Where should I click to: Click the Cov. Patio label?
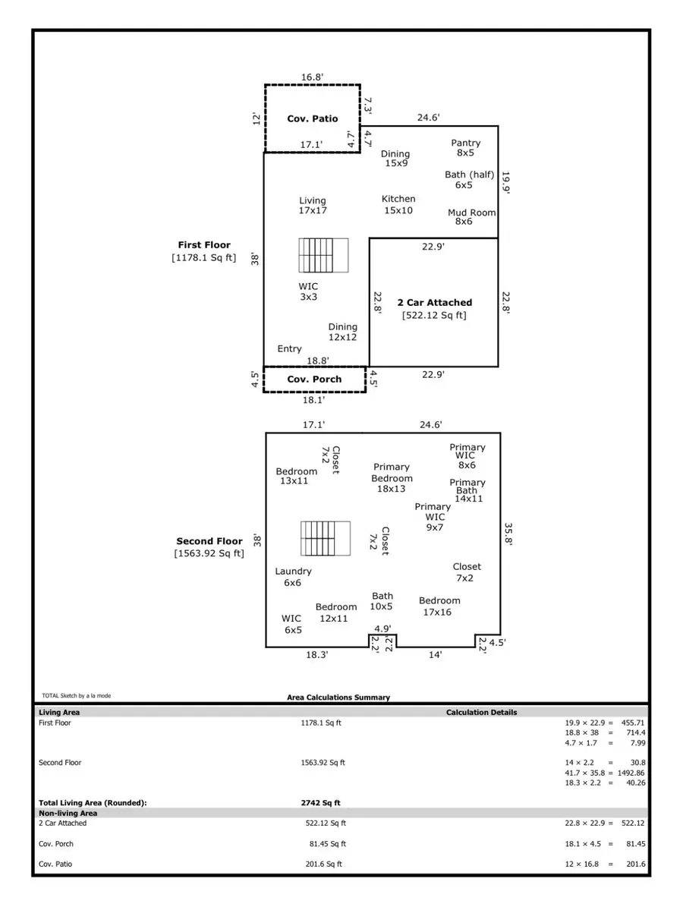pyautogui.click(x=312, y=118)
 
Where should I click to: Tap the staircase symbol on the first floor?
pyautogui.click(x=323, y=255)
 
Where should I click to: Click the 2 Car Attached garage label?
pyautogui.click(x=434, y=302)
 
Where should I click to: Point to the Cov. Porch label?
pyautogui.click(x=314, y=379)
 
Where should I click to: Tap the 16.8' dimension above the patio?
pyautogui.click(x=312, y=77)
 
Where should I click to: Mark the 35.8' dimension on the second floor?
pyautogui.click(x=509, y=532)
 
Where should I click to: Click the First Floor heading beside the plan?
pyautogui.click(x=204, y=245)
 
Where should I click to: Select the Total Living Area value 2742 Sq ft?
pyautogui.click(x=320, y=802)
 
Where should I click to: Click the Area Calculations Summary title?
pyautogui.click(x=338, y=697)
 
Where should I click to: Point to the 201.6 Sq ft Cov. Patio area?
pyautogui.click(x=323, y=864)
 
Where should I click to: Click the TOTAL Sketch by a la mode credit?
pyautogui.click(x=76, y=695)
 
